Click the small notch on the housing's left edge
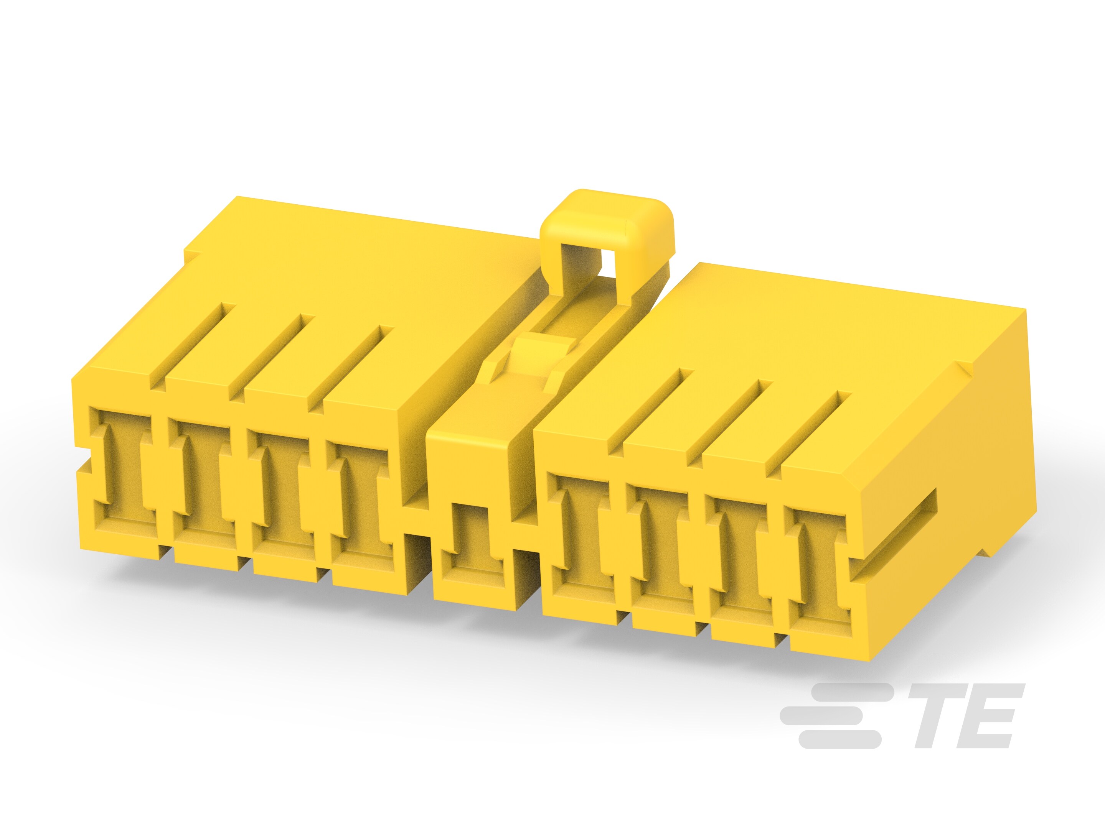pos(83,454)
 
